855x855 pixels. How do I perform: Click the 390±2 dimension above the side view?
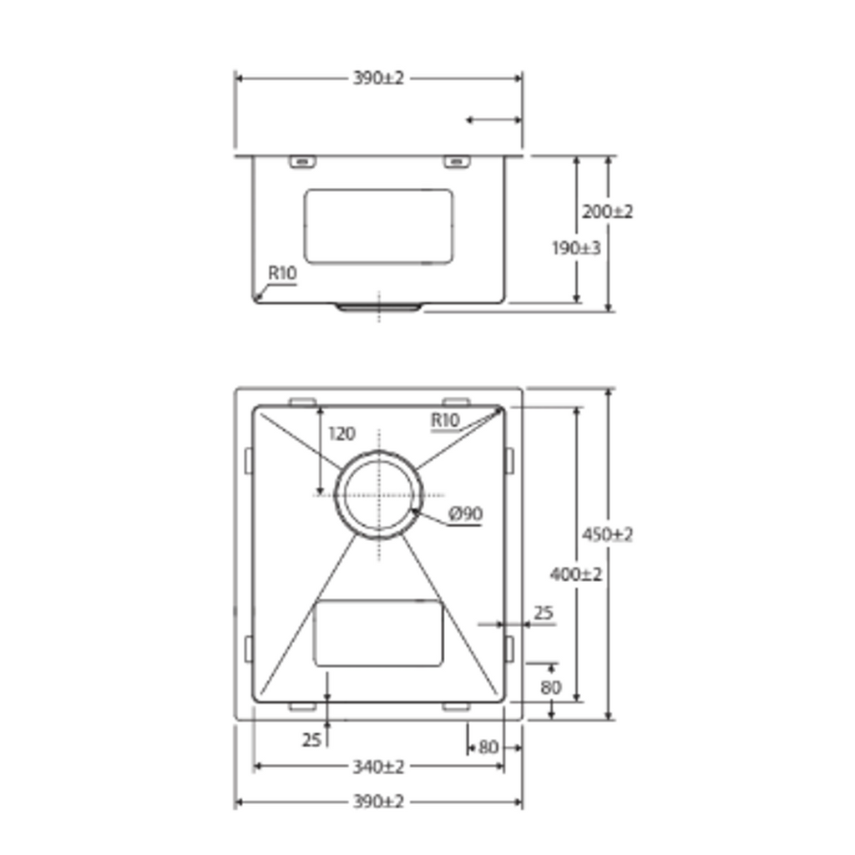(378, 78)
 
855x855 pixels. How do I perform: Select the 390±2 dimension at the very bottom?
(378, 802)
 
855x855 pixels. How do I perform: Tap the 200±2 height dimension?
(608, 211)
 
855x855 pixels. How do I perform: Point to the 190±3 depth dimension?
(576, 248)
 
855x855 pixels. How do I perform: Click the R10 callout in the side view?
(282, 273)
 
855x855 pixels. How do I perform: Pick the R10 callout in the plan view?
(446, 421)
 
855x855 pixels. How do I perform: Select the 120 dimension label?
(341, 433)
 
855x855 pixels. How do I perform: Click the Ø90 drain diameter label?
(466, 514)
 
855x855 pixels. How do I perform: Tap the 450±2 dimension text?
(608, 534)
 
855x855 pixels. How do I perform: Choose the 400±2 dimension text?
(576, 574)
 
